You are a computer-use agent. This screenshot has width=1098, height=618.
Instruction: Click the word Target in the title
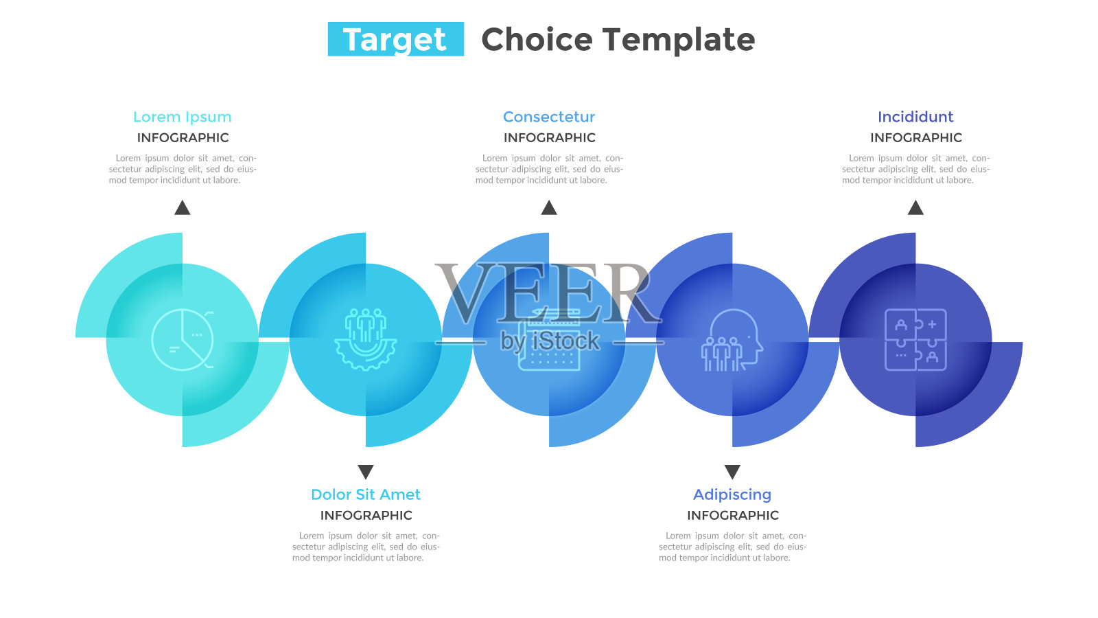coord(395,39)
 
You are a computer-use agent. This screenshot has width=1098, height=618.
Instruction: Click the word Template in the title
coord(679,40)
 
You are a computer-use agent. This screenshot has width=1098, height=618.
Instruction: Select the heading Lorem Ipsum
coord(183,117)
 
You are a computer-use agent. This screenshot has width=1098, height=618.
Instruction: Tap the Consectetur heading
coord(549,117)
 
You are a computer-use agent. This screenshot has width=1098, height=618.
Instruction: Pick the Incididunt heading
coord(915,117)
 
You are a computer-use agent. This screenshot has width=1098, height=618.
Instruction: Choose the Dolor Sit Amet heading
coord(366,494)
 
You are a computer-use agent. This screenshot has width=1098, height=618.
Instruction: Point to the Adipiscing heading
coord(732,495)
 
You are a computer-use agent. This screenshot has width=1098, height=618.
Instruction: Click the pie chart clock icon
coord(183,339)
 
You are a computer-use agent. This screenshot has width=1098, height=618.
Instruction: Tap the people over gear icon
coord(366,339)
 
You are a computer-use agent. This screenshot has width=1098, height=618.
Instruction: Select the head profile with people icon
coord(732,339)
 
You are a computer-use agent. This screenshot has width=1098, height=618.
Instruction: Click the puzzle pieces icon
coord(915,339)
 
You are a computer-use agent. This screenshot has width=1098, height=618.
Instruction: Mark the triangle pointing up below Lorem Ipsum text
coord(183,208)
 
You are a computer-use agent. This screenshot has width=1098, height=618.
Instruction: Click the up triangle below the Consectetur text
coord(549,208)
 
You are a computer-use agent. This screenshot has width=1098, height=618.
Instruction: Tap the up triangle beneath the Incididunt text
coord(915,208)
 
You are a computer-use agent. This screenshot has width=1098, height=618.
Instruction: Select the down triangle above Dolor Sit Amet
coord(366,471)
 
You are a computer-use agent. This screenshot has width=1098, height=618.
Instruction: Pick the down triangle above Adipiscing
coord(732,471)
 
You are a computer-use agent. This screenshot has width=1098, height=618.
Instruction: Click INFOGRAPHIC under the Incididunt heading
coord(916,138)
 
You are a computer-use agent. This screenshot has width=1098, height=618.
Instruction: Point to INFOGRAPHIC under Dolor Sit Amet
coord(366,516)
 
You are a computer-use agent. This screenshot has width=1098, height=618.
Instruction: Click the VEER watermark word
coord(548,293)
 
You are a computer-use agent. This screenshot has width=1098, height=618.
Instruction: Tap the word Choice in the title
coord(537,39)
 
